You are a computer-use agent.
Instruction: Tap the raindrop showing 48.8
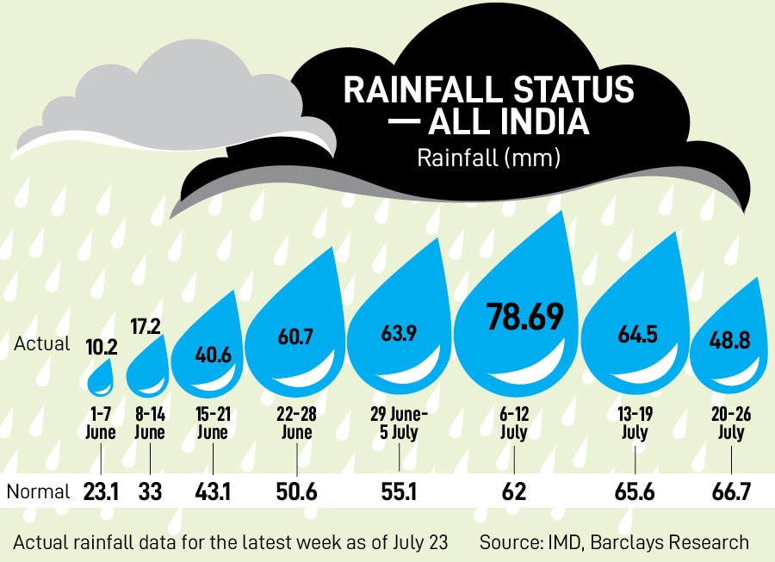(x=728, y=342)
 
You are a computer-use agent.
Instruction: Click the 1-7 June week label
(x=101, y=423)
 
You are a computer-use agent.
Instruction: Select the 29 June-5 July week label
(x=396, y=423)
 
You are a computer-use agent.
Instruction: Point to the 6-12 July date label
(x=512, y=423)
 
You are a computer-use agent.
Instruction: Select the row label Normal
(x=38, y=491)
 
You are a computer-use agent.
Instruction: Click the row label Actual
(x=42, y=343)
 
